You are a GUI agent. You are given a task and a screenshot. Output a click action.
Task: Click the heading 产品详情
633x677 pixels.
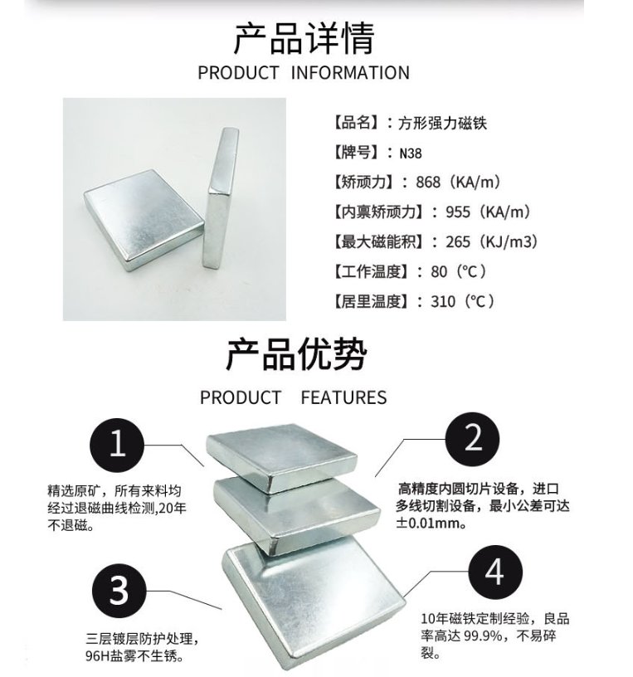click(304, 38)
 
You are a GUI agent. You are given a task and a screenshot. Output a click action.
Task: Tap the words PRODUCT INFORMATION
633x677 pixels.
click(304, 73)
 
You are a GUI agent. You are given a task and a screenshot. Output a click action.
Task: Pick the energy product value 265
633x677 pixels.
click(459, 242)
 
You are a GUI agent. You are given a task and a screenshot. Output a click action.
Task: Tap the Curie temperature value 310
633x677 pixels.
click(444, 302)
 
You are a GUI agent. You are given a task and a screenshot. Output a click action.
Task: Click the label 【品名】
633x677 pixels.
click(357, 123)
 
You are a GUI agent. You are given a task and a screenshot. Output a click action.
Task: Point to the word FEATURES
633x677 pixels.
click(343, 397)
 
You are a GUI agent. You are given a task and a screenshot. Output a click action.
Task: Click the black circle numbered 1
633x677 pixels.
click(118, 445)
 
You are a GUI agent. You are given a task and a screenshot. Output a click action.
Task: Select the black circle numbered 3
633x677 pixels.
click(119, 591)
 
